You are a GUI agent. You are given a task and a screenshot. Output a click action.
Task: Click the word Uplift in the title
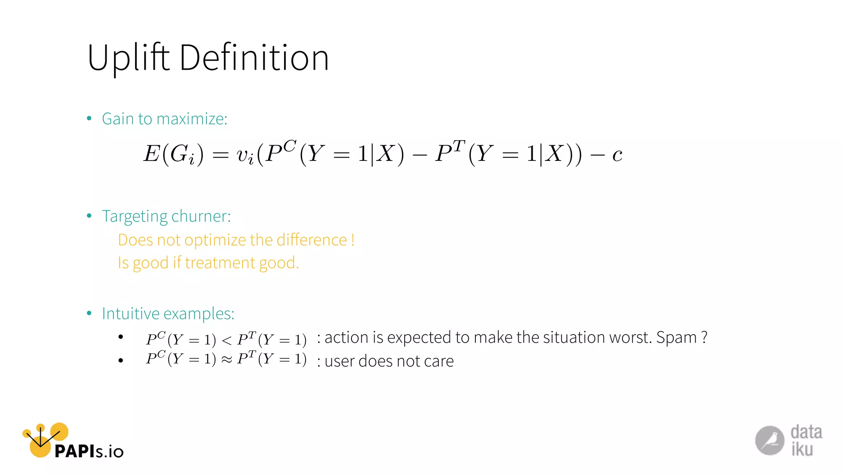pos(128,58)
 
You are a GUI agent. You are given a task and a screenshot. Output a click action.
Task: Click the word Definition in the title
pos(254,58)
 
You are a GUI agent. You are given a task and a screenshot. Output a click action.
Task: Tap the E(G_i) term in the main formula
pos(173,154)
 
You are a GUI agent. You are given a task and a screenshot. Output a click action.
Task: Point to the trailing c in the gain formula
pos(617,155)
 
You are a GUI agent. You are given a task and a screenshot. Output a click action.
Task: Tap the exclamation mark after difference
pos(353,239)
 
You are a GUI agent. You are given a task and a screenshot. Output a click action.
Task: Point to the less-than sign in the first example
pos(227,340)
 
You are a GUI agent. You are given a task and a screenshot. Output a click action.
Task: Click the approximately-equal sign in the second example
pos(227,360)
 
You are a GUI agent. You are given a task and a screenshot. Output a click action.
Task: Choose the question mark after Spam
pos(704,337)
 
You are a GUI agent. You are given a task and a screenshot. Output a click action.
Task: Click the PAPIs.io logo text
pos(89,451)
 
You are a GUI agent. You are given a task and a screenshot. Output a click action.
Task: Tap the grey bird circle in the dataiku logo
pos(769,440)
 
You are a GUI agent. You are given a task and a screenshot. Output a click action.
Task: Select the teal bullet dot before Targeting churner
pos(89,216)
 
